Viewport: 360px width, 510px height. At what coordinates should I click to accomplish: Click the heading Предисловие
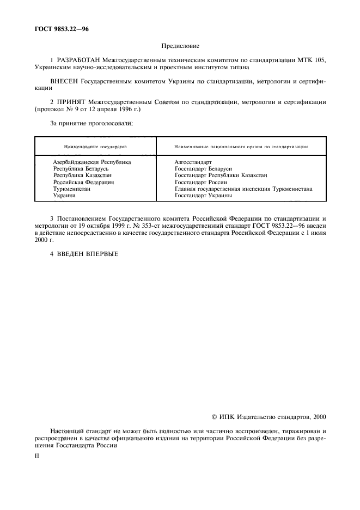point(180,47)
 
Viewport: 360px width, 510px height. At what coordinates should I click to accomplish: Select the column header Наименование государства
point(95,147)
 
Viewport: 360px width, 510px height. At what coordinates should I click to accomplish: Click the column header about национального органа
point(241,147)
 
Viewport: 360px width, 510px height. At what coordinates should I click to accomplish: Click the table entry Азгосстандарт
point(193,162)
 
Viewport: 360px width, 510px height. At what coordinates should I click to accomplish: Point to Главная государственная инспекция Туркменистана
point(243,189)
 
